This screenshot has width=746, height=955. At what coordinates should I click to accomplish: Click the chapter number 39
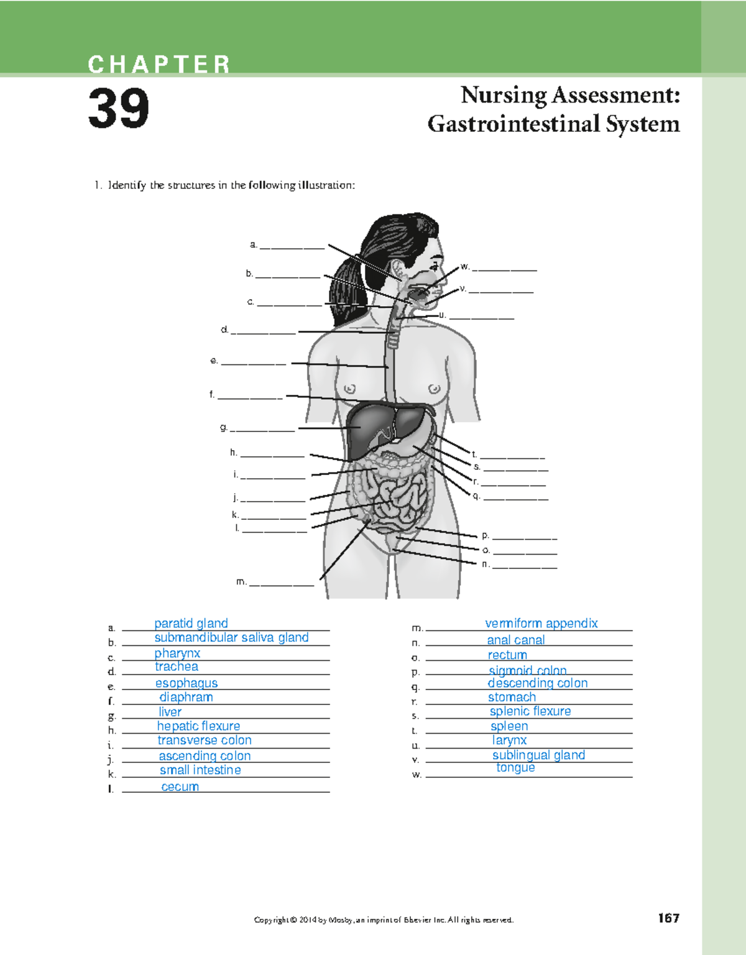point(118,109)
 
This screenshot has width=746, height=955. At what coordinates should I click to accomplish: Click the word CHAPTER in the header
point(159,64)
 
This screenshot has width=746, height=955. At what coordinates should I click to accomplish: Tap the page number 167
point(668,918)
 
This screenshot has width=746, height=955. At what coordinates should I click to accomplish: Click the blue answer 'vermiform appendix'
point(541,623)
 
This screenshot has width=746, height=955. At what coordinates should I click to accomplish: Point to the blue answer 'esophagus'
point(186,683)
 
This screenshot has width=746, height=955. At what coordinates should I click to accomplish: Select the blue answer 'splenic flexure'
point(530,711)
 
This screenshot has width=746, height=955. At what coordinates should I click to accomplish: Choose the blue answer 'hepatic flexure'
point(198,726)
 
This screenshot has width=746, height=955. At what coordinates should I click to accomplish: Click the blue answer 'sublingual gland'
point(538,755)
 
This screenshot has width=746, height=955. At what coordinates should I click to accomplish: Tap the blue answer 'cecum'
point(180,787)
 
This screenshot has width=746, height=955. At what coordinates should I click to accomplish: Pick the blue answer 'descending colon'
point(537,683)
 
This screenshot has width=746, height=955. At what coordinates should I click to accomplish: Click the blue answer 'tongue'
point(515,768)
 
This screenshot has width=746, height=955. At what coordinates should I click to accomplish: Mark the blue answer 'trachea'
point(177,667)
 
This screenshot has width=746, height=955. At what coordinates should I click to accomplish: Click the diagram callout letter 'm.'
point(241,582)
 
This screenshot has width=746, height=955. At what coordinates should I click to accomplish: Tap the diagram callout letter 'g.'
point(224,427)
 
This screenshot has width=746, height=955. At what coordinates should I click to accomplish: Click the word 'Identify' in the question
point(127,185)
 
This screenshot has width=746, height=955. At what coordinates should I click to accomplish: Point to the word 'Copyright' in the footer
point(272,920)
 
